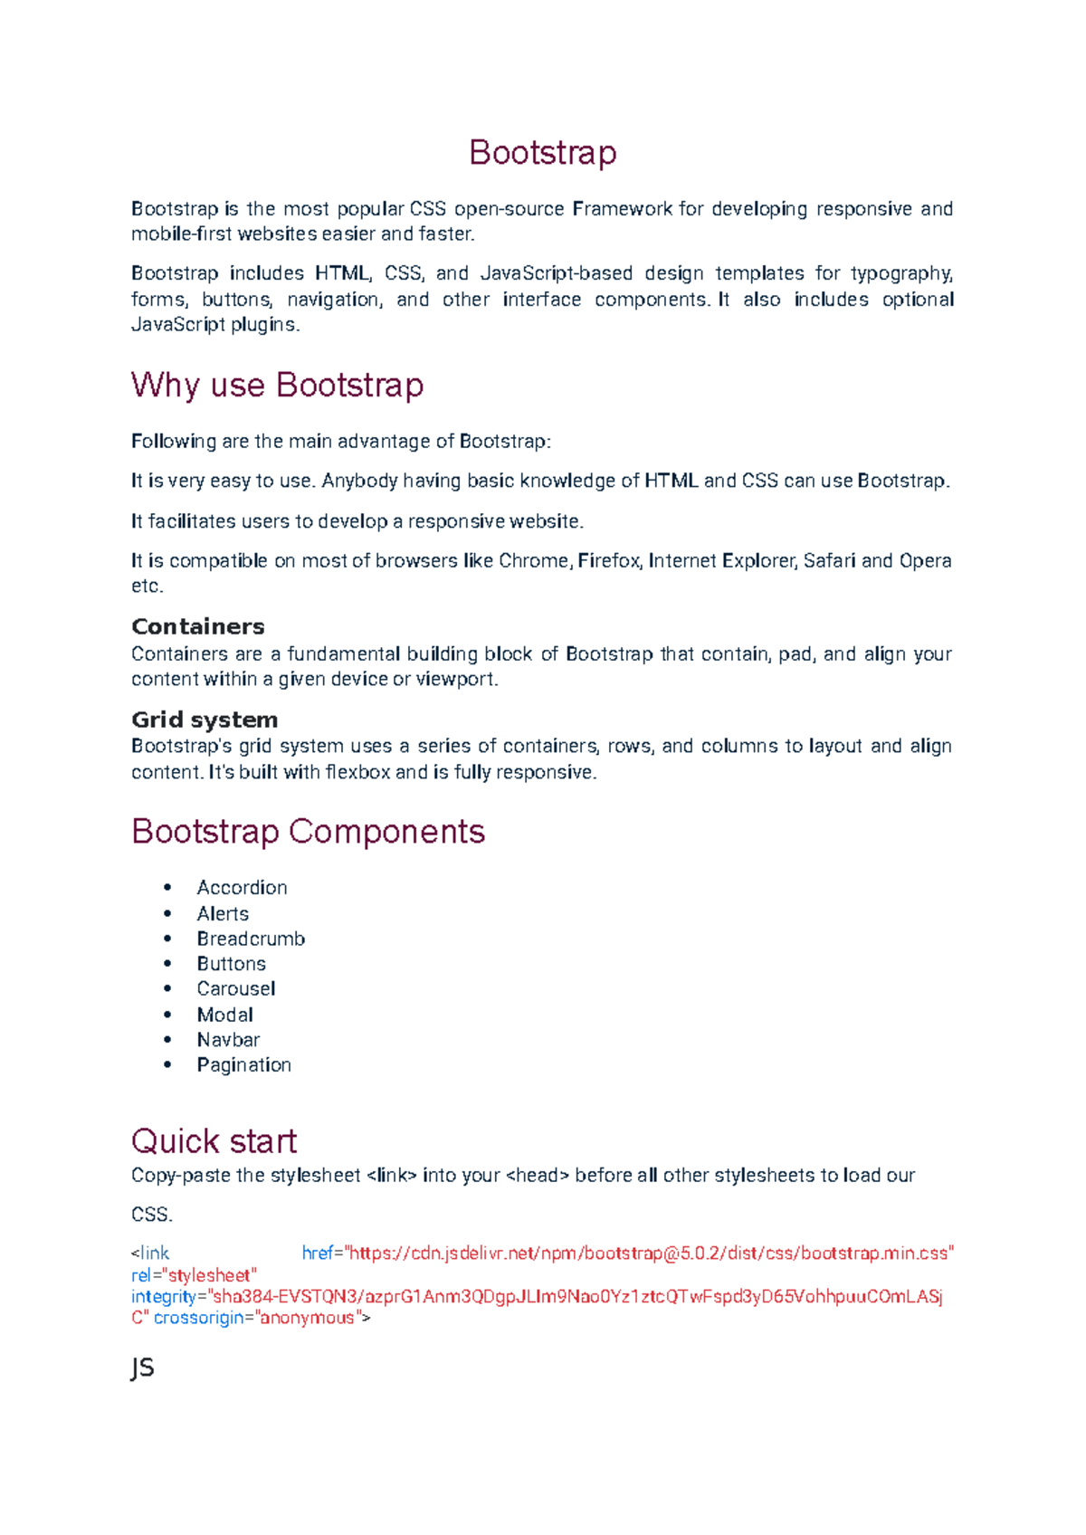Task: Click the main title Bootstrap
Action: pos(542,152)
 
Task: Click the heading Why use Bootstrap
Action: pos(277,385)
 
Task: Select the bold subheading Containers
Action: pos(197,626)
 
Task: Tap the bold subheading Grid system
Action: pos(205,720)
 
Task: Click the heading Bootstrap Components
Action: pos(308,831)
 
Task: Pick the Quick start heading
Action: pos(214,1140)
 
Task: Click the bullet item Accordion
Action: pos(242,888)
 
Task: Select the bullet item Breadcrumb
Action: pos(251,939)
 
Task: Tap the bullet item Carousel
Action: pos(235,988)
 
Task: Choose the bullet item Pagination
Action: pos(243,1065)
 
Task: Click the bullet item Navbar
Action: pos(228,1040)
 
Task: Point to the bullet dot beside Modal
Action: pos(167,1015)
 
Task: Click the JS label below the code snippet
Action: pos(142,1368)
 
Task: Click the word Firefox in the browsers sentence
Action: pos(609,561)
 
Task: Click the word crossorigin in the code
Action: pos(199,1318)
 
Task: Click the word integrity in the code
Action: pos(164,1296)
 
